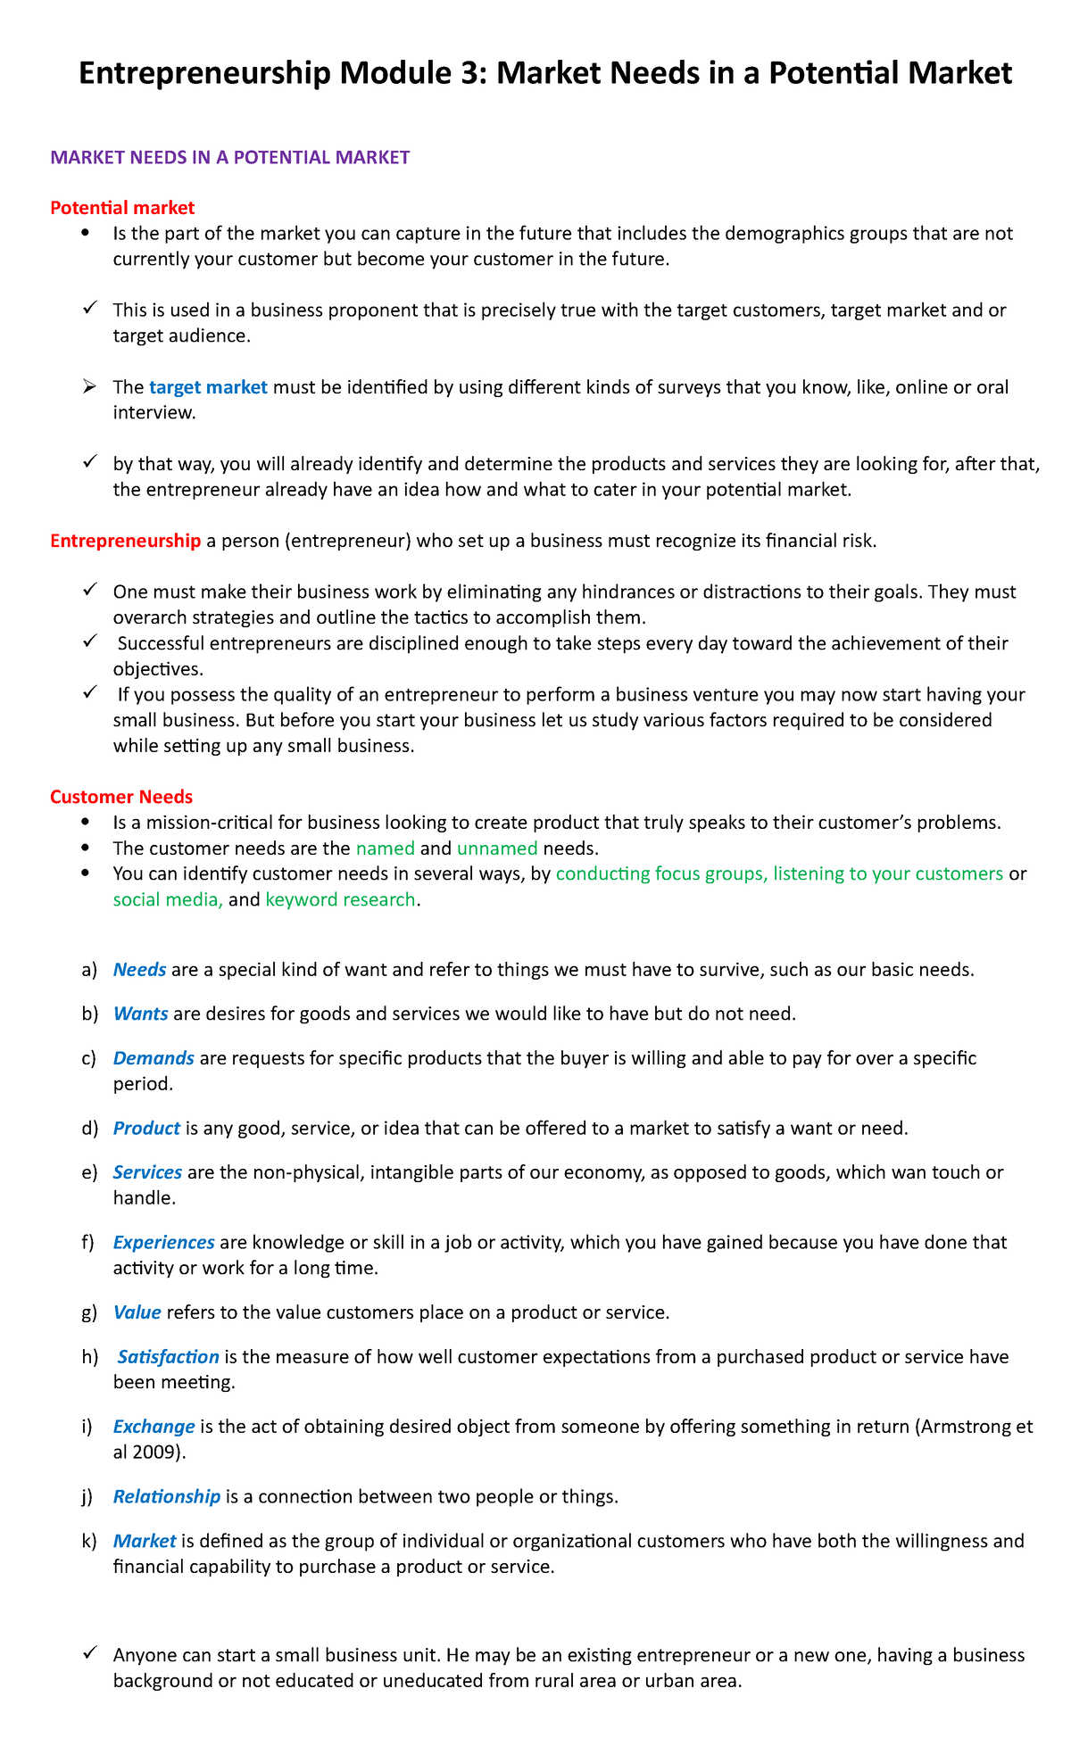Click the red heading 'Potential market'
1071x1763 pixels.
pos(122,208)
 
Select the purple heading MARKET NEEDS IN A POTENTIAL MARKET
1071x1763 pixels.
pos(230,158)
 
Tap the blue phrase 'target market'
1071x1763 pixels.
pos(208,387)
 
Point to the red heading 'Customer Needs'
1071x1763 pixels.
pos(121,796)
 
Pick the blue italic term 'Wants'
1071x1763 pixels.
pos(140,1014)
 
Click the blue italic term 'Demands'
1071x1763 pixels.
pos(154,1058)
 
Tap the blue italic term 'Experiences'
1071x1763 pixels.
pos(163,1242)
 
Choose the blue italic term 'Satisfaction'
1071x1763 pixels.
pos(168,1357)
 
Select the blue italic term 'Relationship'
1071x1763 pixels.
pos(166,1496)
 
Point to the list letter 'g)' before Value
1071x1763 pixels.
pos(89,1312)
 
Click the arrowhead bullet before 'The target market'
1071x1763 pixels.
pos(88,386)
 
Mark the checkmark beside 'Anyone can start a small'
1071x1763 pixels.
pos(88,1654)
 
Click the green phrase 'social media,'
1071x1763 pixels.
pos(168,899)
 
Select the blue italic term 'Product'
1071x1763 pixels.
pos(146,1128)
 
